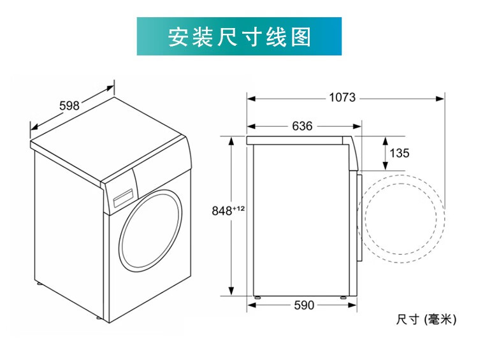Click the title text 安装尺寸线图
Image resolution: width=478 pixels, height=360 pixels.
click(x=239, y=36)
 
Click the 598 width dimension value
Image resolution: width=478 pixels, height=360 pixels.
click(x=69, y=106)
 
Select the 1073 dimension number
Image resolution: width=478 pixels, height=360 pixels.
click(x=342, y=98)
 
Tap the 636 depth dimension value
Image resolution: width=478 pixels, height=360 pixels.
click(x=302, y=126)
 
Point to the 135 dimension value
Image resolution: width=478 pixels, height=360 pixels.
click(x=399, y=153)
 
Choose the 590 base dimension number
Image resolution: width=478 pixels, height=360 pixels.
click(x=304, y=305)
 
